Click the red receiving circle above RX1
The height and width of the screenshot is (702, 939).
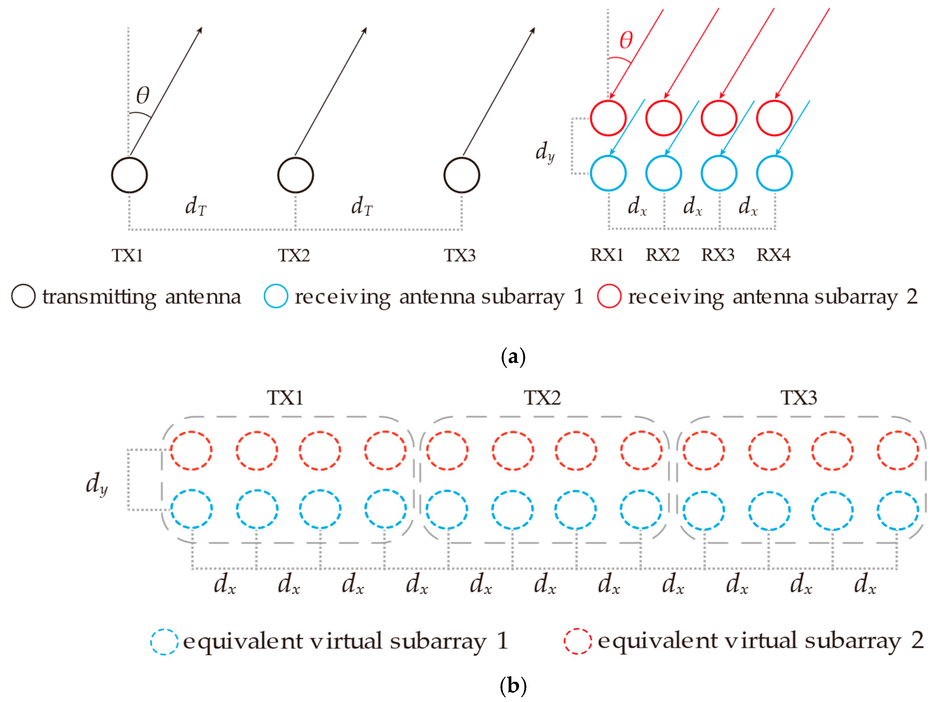(608, 118)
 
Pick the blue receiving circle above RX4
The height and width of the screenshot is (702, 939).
(774, 173)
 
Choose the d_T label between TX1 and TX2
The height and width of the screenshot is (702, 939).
(196, 206)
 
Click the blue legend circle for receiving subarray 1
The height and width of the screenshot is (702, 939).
(276, 296)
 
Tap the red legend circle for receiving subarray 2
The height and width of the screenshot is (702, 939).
(609, 296)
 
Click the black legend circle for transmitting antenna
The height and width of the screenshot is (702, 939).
(23, 296)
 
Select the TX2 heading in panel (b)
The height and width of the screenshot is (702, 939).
(542, 398)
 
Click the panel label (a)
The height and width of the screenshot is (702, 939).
(513, 357)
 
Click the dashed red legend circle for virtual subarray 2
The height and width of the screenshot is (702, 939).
(578, 641)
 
